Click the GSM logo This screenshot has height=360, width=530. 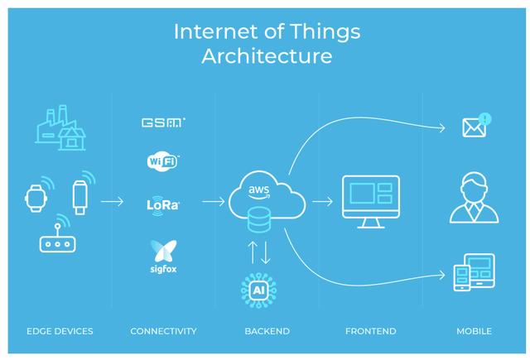(x=164, y=122)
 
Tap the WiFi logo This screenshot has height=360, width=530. (x=163, y=161)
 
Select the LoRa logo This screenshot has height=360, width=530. (x=163, y=203)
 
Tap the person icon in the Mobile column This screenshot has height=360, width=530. (x=474, y=199)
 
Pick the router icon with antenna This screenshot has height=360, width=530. (x=57, y=239)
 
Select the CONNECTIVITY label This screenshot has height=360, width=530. (x=163, y=331)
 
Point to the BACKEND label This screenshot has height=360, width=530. (x=267, y=331)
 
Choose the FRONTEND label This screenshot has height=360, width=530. (x=370, y=331)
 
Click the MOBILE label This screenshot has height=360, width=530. (x=474, y=331)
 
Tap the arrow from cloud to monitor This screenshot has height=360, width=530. (x=324, y=201)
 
